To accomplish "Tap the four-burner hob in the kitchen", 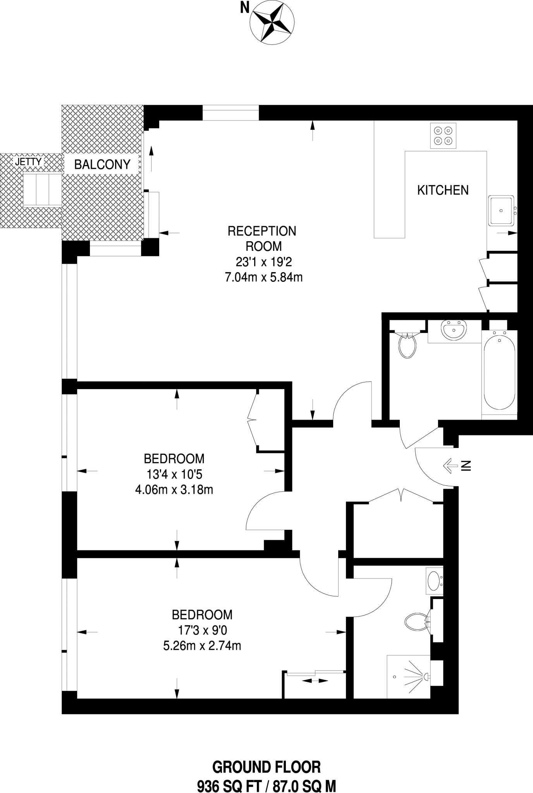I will pyautogui.click(x=443, y=136).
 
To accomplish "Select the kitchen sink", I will pyautogui.click(x=501, y=211).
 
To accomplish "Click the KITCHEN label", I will pyautogui.click(x=443, y=190).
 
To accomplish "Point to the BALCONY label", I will pyautogui.click(x=102, y=165).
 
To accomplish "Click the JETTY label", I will pyautogui.click(x=28, y=162).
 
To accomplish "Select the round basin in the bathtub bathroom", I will pyautogui.click(x=454, y=330).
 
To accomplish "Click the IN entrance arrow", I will pyautogui.click(x=449, y=466).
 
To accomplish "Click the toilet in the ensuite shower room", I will pyautogui.click(x=416, y=622).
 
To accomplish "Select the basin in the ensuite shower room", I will pyautogui.click(x=434, y=581).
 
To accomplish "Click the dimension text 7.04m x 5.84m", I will pyautogui.click(x=264, y=277).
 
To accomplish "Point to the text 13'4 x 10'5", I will pyautogui.click(x=174, y=474).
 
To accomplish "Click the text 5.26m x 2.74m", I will pyautogui.click(x=202, y=645).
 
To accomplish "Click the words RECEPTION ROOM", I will pyautogui.click(x=262, y=239).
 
